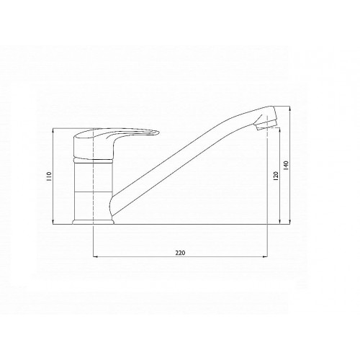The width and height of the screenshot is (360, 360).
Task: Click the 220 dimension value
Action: point(180,253)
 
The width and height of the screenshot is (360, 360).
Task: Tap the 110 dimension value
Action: point(50,176)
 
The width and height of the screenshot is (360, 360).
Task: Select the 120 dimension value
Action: point(276,176)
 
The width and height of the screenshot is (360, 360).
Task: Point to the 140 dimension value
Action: point(286,166)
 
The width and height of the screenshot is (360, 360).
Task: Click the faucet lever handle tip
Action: point(158,132)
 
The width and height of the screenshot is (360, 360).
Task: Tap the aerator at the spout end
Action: point(266,125)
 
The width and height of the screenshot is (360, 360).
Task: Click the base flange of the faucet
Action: point(93,222)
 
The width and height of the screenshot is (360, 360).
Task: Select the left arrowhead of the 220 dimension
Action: point(95,257)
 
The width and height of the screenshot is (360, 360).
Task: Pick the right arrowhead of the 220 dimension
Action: point(265,257)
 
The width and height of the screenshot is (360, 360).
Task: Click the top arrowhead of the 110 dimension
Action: point(53,131)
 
